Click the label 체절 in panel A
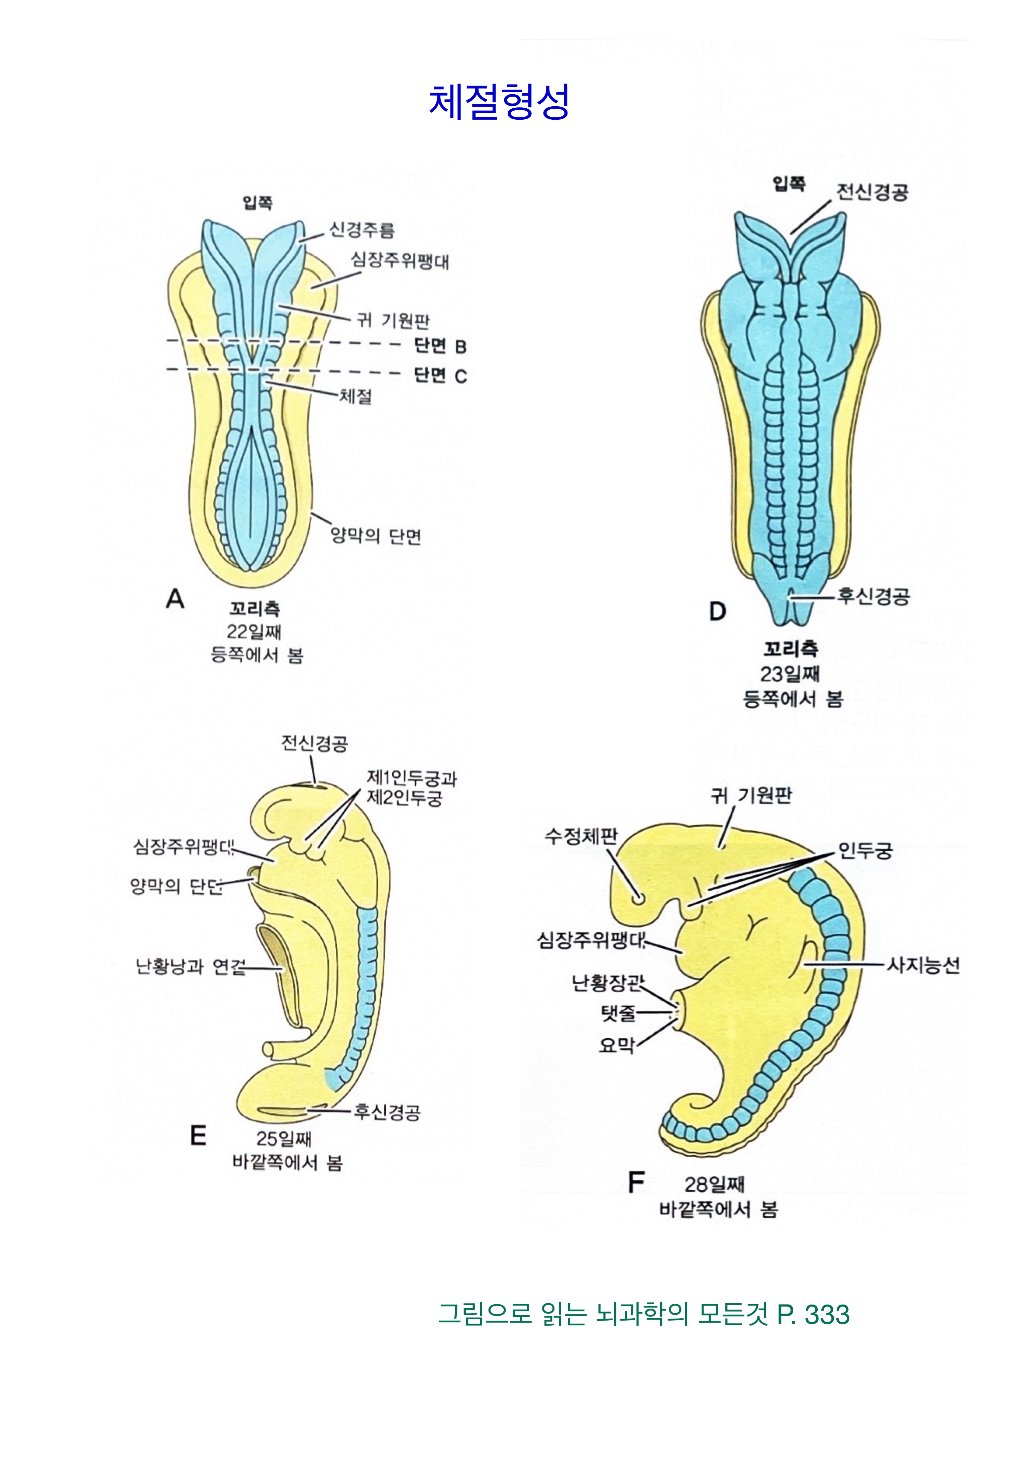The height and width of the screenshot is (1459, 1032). point(355,397)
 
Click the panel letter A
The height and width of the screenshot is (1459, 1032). point(175,598)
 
